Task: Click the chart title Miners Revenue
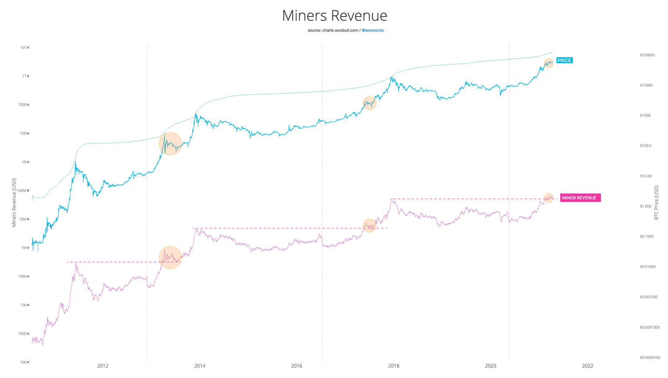click(x=334, y=16)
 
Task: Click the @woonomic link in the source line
click(x=373, y=30)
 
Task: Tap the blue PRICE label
click(x=564, y=60)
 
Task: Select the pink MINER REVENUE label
click(x=580, y=198)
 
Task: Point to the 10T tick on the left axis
click(x=24, y=47)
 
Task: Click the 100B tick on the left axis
click(x=23, y=105)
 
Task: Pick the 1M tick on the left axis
click(x=24, y=248)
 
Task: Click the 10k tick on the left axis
click(x=24, y=305)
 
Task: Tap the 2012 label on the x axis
click(x=103, y=366)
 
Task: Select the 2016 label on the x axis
click(x=297, y=366)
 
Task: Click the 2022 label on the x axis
click(x=587, y=366)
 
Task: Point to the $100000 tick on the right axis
click(x=647, y=55)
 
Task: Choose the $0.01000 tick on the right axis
click(x=647, y=267)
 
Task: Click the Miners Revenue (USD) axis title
click(x=14, y=202)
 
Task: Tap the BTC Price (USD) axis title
click(x=656, y=202)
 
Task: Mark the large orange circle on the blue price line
click(x=170, y=144)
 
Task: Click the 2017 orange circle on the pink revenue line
click(x=369, y=225)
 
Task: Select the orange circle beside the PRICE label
click(x=548, y=63)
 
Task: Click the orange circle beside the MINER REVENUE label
click(x=548, y=198)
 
